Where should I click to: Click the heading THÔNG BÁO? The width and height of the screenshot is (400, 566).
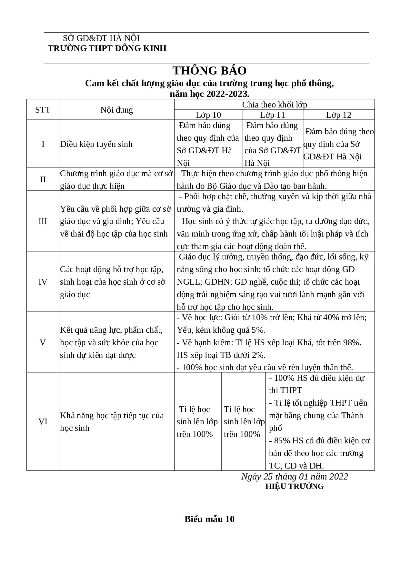[209, 71]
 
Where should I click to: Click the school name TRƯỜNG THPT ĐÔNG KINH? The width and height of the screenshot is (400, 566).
[107, 48]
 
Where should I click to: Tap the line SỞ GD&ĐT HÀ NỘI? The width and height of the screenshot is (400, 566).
[101, 38]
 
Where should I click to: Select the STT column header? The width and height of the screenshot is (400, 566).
[43, 110]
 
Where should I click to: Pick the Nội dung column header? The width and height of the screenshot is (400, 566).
[116, 110]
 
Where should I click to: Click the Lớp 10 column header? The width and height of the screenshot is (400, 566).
[208, 115]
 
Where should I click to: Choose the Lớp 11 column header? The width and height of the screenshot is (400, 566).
[273, 115]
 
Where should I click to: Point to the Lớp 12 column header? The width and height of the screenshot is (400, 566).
[338, 115]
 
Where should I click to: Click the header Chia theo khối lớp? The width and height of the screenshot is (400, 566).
[275, 105]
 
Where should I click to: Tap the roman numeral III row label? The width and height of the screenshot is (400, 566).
[43, 221]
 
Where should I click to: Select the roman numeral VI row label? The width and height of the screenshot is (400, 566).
[43, 422]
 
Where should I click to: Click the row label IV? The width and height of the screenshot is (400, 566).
[43, 282]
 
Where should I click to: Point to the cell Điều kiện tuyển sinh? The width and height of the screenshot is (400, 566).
[96, 144]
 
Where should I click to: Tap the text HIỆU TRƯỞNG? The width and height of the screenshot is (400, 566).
[295, 487]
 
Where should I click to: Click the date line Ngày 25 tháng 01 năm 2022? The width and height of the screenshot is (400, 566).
[295, 477]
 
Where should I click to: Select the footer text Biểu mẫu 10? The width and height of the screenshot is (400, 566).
[209, 519]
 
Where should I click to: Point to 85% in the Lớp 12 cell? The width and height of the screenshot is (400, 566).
[280, 441]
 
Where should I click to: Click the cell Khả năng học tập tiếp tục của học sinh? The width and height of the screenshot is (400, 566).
[112, 422]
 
